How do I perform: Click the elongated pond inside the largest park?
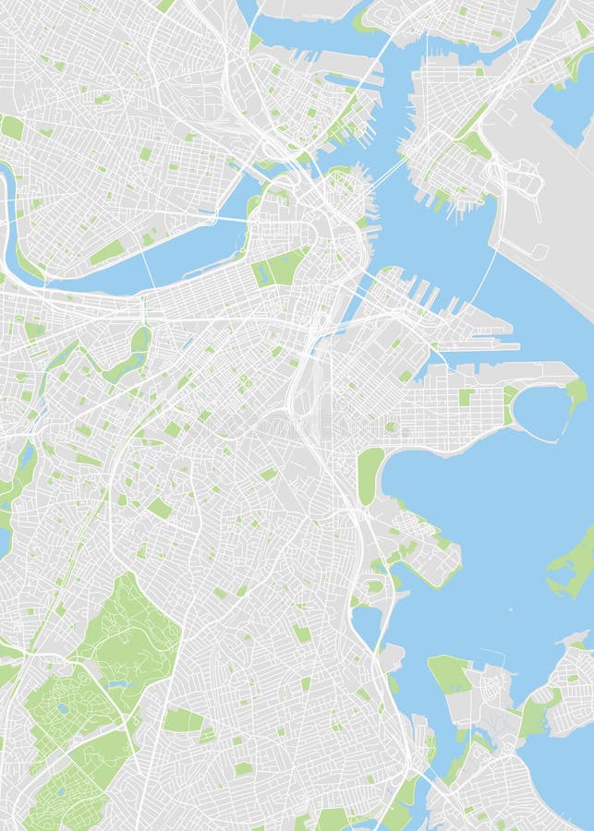pyautogui.click(x=117, y=684)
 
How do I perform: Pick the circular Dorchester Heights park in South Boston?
pyautogui.click(x=393, y=427)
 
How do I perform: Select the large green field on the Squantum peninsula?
pyautogui.click(x=449, y=674)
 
